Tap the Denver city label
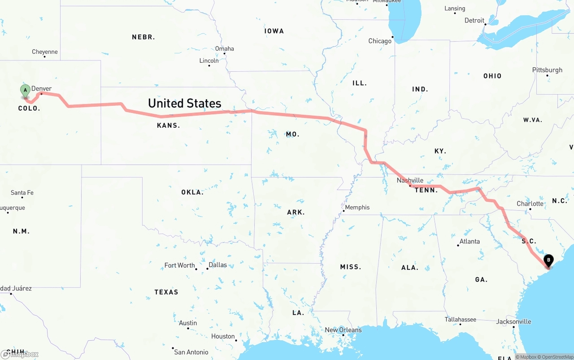[x=41, y=89]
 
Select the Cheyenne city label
[x=45, y=52]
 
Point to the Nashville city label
[x=410, y=181]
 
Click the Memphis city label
[x=357, y=207]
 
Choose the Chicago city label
[x=380, y=41]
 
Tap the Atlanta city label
[x=470, y=242]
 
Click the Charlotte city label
[x=530, y=204]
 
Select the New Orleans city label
[x=343, y=330]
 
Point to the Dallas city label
[x=217, y=265]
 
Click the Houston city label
[x=223, y=336]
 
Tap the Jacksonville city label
[x=513, y=321]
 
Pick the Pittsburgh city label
[x=547, y=70]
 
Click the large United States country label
[x=185, y=103]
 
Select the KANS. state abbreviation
[x=168, y=126]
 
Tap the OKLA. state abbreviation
[x=192, y=192]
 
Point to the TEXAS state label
[x=166, y=292]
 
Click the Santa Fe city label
[x=22, y=193]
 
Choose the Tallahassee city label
[x=460, y=320]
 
